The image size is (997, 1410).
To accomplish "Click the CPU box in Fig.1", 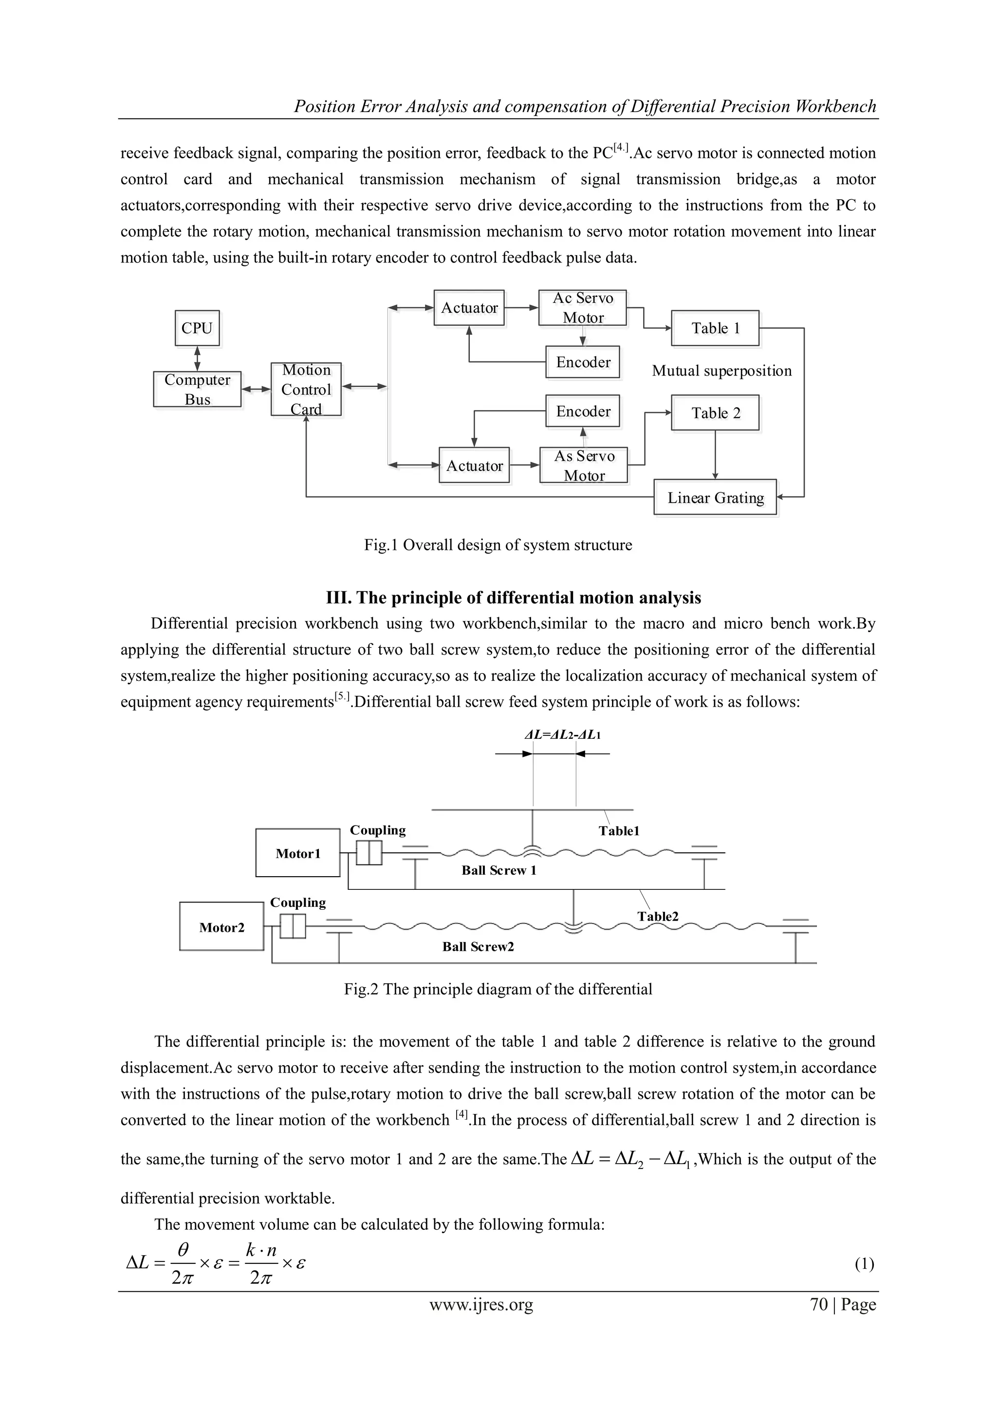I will [197, 329].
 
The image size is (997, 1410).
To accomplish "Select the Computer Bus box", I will [197, 389].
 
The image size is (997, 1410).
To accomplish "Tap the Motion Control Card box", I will [306, 389].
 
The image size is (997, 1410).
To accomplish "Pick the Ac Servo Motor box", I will [583, 308].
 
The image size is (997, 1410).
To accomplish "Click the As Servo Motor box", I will [584, 466].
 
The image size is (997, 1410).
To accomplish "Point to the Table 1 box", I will [715, 329].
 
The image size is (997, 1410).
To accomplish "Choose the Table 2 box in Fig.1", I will [715, 413].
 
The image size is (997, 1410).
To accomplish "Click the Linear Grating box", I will [715, 497].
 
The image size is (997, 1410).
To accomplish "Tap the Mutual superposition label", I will [721, 371].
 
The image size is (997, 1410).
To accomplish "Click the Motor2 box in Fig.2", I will [222, 927].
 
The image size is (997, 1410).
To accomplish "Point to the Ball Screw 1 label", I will [498, 870].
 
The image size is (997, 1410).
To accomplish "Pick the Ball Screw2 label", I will [478, 946].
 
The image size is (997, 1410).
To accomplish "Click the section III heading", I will [513, 598].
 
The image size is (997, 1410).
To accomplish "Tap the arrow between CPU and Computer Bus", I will [197, 358].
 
